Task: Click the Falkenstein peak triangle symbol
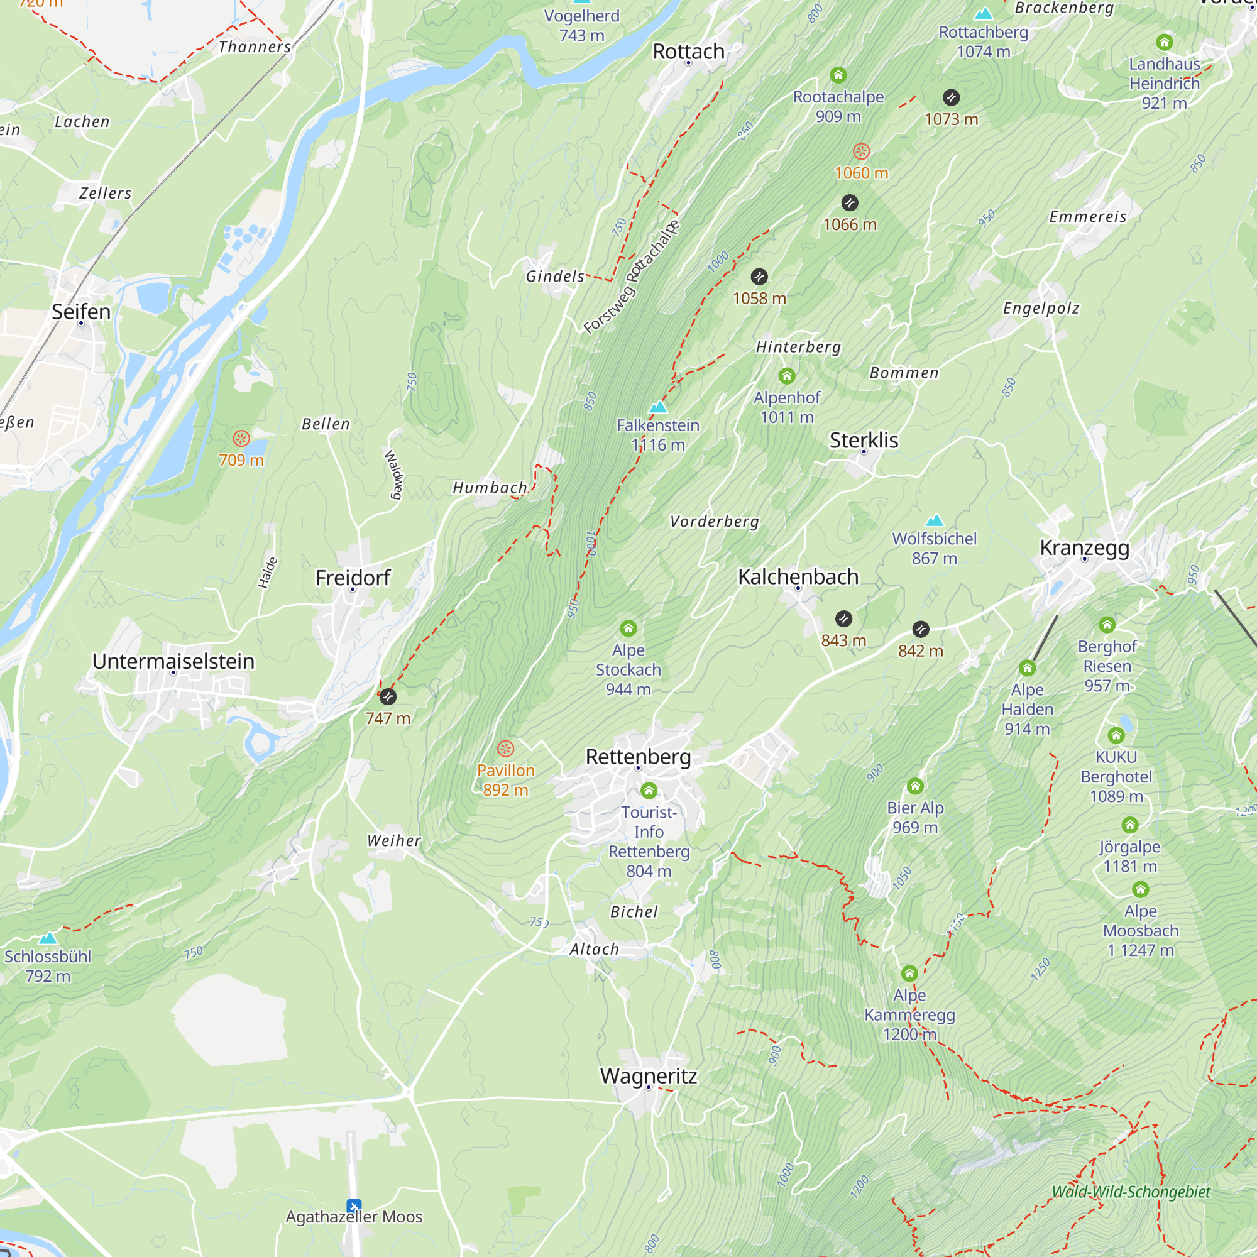pos(658,407)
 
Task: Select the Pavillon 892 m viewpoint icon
pos(505,749)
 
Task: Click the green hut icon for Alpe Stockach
pos(628,628)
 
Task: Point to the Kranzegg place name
pos(1084,547)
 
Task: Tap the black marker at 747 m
pos(388,697)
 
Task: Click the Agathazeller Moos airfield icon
pos(354,1205)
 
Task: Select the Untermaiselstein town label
pos(173,661)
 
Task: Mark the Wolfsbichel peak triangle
pos(935,520)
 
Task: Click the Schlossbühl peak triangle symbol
pos(48,938)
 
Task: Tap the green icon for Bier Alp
pos(914,787)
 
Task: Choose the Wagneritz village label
pos(648,1075)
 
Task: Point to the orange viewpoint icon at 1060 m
pos(861,151)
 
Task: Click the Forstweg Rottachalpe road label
pos(631,277)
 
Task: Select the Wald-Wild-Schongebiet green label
pos(1131,1191)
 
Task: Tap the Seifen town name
pos(81,312)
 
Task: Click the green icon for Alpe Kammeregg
pos(909,974)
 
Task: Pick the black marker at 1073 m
pos(950,97)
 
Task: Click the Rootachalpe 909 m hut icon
pos(838,75)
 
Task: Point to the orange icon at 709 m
pos(241,439)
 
